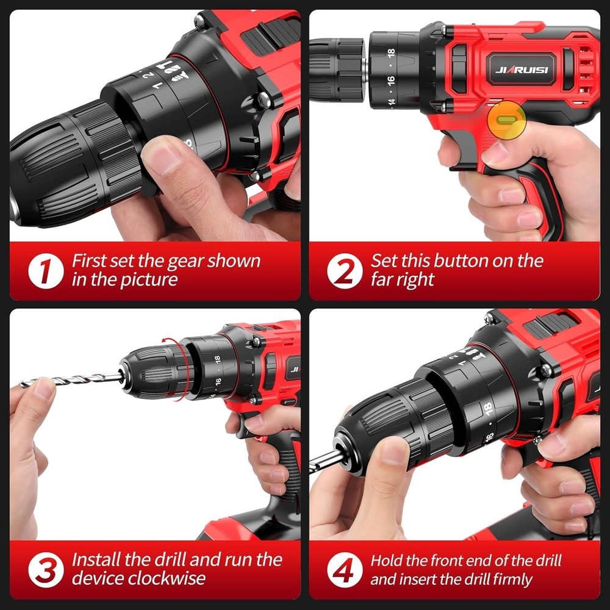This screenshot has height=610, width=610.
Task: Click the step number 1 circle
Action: (x=45, y=271)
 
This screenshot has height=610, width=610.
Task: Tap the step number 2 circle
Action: (x=344, y=271)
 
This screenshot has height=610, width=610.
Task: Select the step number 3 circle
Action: (x=45, y=570)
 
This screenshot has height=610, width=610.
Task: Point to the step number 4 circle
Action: (x=344, y=570)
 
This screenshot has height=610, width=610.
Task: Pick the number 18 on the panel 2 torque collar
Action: (x=391, y=53)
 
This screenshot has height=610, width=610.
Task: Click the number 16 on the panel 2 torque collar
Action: (x=391, y=79)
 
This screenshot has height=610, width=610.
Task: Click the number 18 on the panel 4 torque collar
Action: (x=487, y=411)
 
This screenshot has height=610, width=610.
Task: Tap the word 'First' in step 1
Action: (x=88, y=261)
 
